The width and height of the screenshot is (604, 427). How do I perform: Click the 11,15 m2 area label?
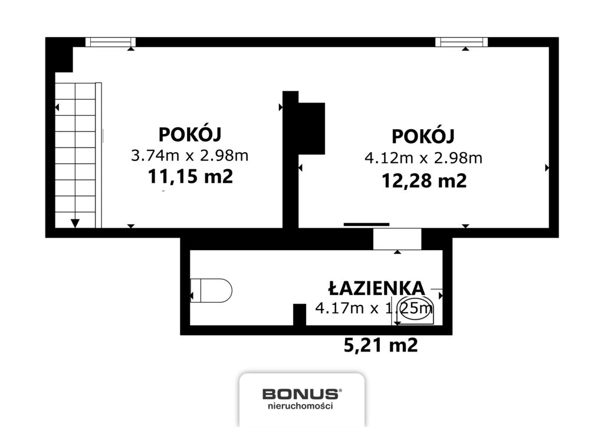click(x=190, y=176)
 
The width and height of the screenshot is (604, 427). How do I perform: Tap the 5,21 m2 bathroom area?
click(x=380, y=345)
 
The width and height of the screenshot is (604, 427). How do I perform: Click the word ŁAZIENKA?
click(x=376, y=288)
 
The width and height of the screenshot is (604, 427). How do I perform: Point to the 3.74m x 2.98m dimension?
click(x=189, y=156)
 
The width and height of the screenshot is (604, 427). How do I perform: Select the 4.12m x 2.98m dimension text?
click(x=423, y=157)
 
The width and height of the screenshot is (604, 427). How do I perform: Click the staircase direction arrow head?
click(x=75, y=223)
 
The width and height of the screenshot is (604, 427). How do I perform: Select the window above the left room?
click(x=110, y=42)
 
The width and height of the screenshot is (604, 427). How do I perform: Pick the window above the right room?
click(x=462, y=42)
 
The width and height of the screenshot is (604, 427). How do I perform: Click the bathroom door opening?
click(x=397, y=239)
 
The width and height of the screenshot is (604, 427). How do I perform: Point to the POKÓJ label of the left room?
click(x=189, y=134)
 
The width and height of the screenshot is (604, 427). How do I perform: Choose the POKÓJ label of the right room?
click(x=423, y=136)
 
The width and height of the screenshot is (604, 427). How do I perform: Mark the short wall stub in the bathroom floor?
click(x=300, y=314)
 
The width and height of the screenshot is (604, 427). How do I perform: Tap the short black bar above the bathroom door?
click(x=366, y=224)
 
